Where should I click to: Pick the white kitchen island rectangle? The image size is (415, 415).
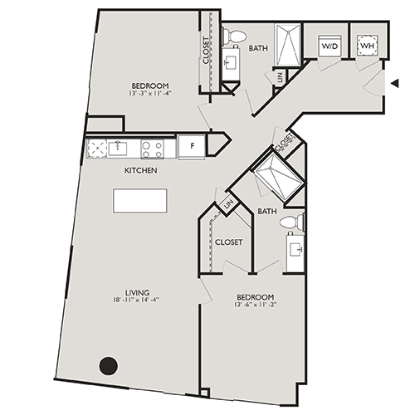point(140,201)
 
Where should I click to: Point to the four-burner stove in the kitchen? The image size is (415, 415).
point(152,149)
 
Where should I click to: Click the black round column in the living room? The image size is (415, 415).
point(108,364)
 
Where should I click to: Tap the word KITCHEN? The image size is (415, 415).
point(140,170)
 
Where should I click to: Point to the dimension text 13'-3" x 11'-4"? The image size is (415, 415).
point(149,94)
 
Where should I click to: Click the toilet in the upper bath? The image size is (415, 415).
point(235,37)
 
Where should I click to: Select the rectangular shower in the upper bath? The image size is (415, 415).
point(286,46)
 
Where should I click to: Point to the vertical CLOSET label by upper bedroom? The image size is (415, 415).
point(206,51)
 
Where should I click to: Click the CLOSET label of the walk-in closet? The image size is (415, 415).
point(228,242)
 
